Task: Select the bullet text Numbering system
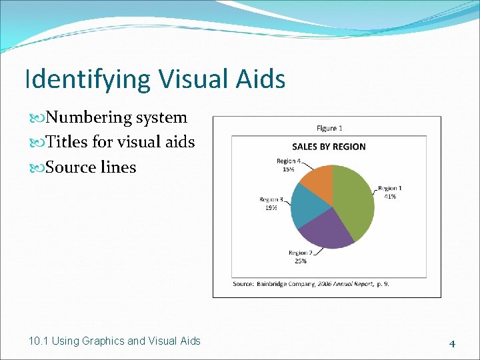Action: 117,117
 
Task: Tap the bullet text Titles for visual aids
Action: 121,142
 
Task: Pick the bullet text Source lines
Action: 91,167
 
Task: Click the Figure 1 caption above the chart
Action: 329,128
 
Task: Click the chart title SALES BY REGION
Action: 329,147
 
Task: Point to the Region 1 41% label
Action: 389,193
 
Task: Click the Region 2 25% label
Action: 300,257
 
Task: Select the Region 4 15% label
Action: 289,165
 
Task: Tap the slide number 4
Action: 452,344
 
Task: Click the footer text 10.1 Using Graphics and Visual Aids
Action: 115,341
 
